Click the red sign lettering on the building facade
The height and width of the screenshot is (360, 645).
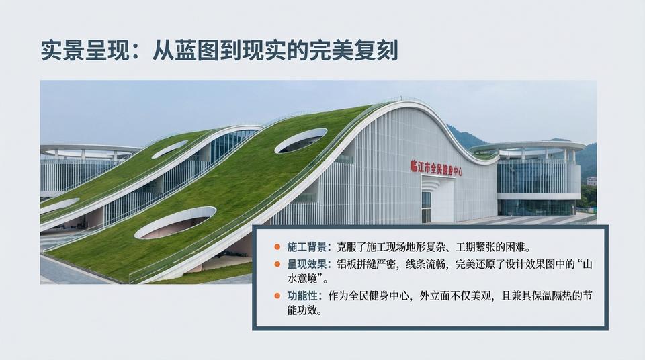point(437,167)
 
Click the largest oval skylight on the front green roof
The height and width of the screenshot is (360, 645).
point(175,222)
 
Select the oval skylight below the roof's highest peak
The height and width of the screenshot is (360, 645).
point(300,140)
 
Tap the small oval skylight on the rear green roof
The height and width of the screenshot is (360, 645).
point(169,149)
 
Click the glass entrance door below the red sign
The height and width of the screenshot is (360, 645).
point(426,206)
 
